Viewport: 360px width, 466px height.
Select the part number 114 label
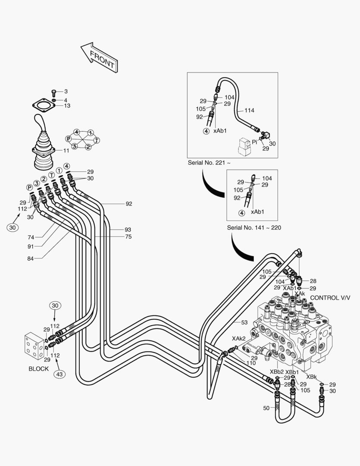[249, 110]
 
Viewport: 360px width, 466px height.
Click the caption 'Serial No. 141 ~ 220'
[254, 227]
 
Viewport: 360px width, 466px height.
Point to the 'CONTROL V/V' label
[330, 298]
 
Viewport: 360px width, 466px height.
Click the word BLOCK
[39, 369]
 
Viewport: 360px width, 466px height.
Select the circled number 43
[60, 374]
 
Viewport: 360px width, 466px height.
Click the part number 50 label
[266, 408]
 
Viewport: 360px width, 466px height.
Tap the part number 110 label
[251, 363]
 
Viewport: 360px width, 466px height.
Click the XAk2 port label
[239, 338]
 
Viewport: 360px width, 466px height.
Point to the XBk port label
[312, 377]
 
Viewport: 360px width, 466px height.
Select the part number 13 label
[67, 106]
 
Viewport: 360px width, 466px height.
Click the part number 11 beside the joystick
[66, 151]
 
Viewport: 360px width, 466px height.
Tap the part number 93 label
[128, 230]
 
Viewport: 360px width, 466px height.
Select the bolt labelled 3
[54, 91]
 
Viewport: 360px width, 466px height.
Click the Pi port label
[254, 142]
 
